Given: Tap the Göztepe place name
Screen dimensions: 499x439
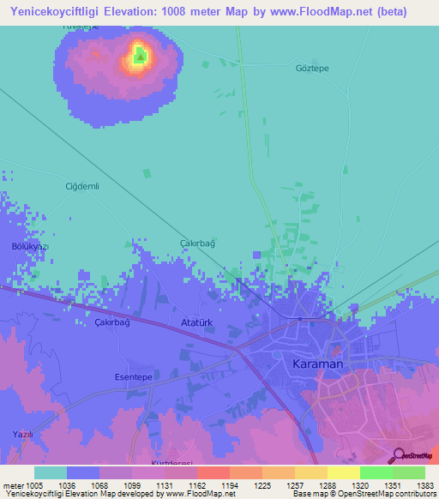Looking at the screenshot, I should (x=311, y=68).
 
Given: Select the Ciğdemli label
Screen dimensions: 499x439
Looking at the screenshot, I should (x=83, y=186).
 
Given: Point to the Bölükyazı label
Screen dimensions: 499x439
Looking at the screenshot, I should (x=30, y=246).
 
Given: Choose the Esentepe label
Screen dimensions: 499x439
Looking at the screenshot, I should (x=133, y=376).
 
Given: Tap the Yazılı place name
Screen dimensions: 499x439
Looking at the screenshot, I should (x=21, y=435).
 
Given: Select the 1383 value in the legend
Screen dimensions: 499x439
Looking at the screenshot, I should (x=424, y=485).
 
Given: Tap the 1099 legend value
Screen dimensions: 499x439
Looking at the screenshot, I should (x=114, y=485).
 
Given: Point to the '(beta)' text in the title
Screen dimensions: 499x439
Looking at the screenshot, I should (x=388, y=12).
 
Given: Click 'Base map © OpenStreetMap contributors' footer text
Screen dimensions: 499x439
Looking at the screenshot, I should (x=363, y=494).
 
